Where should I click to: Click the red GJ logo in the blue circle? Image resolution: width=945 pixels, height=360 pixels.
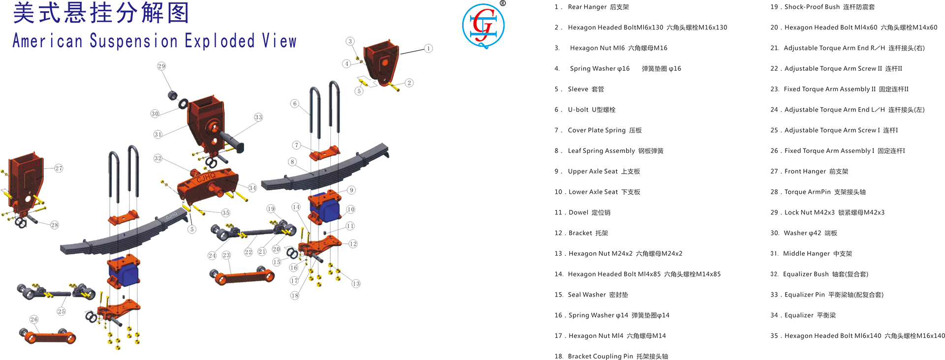pos(483,26)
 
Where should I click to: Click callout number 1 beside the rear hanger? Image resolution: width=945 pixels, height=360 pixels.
pos(429,48)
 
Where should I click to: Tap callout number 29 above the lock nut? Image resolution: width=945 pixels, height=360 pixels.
pos(161,66)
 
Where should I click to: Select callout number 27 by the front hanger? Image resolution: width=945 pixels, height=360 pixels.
pos(59,168)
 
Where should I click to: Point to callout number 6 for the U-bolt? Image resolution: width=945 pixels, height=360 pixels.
pos(295,103)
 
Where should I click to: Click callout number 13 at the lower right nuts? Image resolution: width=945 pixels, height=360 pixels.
pos(356,283)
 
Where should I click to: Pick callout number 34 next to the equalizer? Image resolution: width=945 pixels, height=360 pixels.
pos(252,188)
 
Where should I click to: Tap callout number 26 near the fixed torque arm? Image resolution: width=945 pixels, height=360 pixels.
pos(34,319)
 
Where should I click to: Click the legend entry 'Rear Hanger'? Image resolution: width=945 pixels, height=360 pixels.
pos(598,7)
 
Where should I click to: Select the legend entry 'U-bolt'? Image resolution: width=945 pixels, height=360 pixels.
pos(591,110)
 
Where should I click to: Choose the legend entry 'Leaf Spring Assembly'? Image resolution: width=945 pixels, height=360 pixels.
pos(615,151)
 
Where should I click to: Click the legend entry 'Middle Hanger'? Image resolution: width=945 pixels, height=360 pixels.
pos(817,254)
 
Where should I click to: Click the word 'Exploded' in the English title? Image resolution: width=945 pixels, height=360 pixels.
pos(220,41)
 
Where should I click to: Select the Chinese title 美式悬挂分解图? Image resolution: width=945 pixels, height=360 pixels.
pos(101,13)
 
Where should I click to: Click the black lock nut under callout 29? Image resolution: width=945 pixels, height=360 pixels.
pos(173,95)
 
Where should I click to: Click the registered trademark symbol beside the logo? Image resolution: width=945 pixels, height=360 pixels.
pos(503,3)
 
